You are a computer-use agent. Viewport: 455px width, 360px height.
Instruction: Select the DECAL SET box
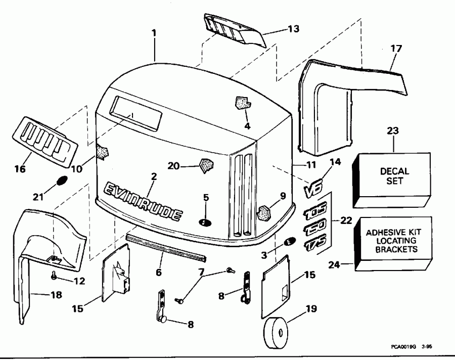coord(394,177)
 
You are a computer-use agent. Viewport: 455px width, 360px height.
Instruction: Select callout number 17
coord(396,49)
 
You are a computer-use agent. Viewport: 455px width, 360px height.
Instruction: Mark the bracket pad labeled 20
coord(206,165)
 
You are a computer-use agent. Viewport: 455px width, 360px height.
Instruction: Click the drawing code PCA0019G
coord(402,347)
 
